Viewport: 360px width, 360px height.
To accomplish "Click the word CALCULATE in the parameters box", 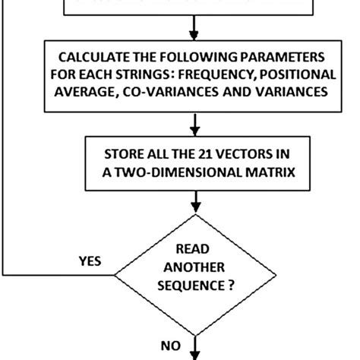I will pyautogui.click(x=90, y=58).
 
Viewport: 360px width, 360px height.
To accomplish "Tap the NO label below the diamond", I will pyautogui.click(x=170, y=344).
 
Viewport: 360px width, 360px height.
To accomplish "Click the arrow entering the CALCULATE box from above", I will pyautogui.click(x=197, y=31).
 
